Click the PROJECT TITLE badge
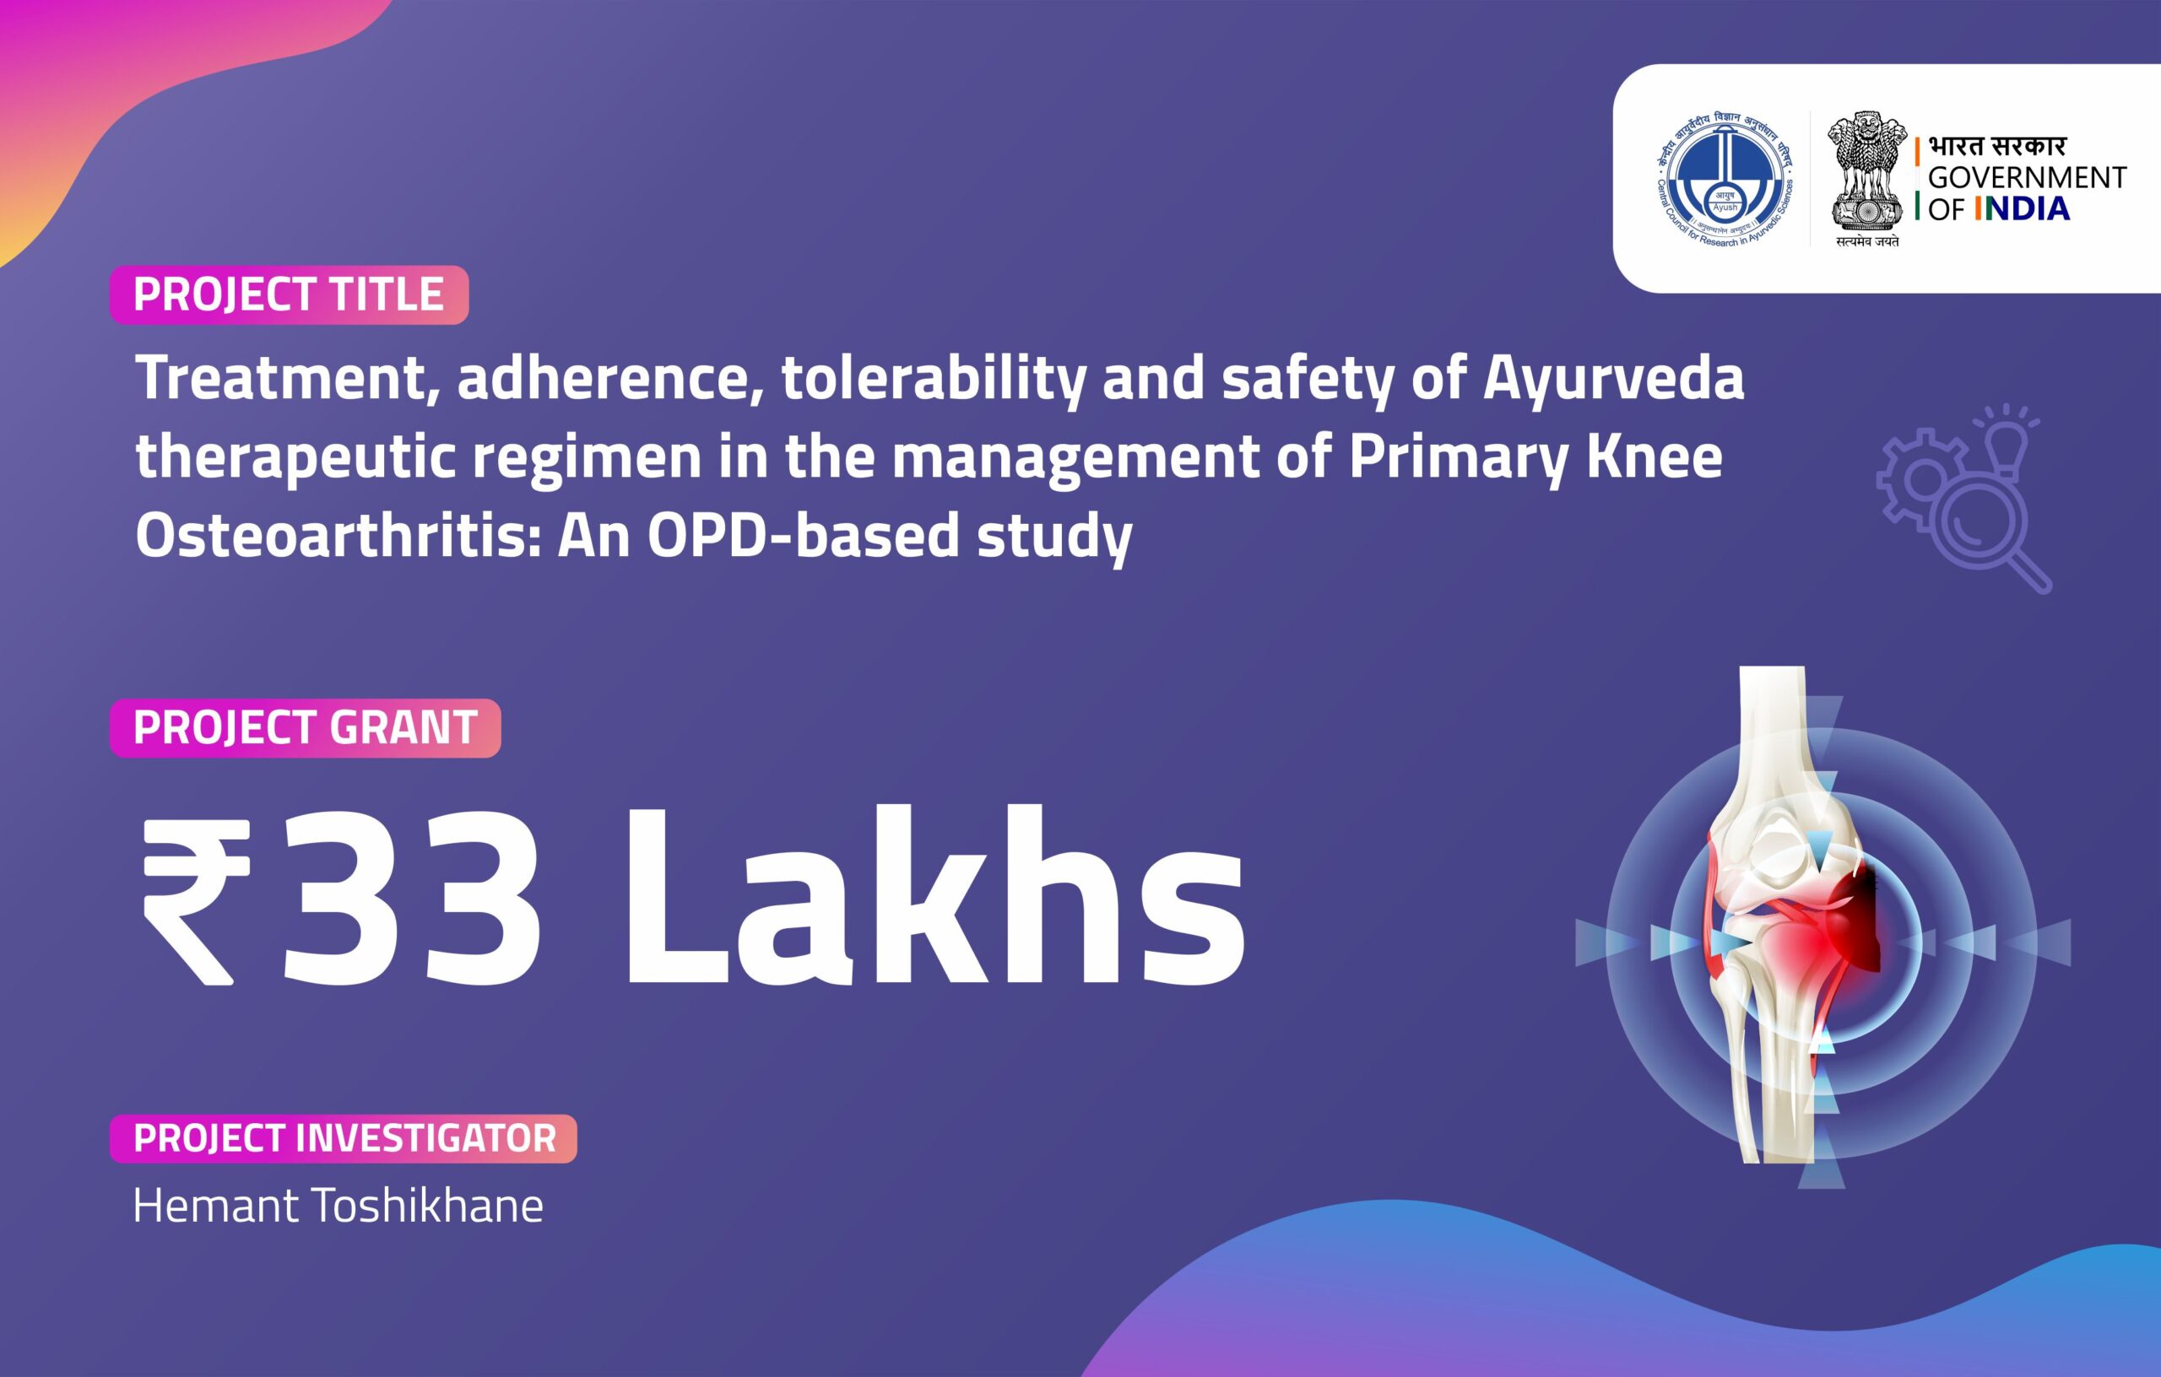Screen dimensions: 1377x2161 pyautogui.click(x=288, y=294)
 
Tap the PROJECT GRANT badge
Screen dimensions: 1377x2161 pyautogui.click(x=304, y=727)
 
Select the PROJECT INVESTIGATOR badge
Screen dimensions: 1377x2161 pyautogui.click(x=344, y=1138)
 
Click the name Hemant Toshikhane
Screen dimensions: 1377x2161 pyautogui.click(x=339, y=1206)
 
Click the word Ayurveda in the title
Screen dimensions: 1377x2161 pyautogui.click(x=1612, y=379)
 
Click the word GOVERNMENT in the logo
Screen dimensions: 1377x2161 pyautogui.click(x=2027, y=178)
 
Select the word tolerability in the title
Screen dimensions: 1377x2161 pyautogui.click(x=933, y=379)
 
